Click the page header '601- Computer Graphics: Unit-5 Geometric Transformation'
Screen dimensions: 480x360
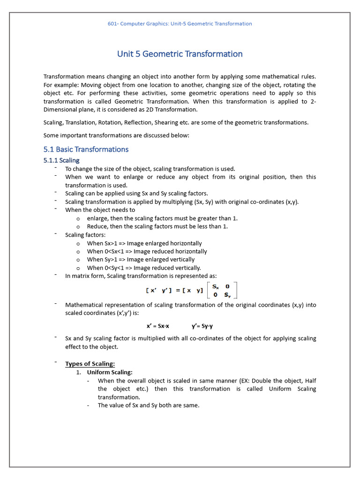[x=180, y=24]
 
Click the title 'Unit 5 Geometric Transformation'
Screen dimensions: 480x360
[x=180, y=54]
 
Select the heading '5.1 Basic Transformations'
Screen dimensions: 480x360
[x=86, y=150]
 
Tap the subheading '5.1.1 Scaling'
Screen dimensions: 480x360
[x=61, y=160]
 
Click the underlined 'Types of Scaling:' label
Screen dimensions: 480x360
[x=90, y=364]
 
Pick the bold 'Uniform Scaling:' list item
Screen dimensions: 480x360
[x=110, y=372]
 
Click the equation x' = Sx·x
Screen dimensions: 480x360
[x=158, y=326]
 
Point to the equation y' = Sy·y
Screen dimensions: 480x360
[x=202, y=326]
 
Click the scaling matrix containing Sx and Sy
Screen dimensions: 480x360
[x=222, y=290]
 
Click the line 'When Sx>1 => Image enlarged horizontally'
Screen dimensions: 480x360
[x=144, y=243]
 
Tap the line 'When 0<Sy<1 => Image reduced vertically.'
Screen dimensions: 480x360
[x=144, y=268]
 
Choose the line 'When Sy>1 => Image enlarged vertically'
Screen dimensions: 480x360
[x=141, y=259]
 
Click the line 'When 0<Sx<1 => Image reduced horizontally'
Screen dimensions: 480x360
[x=147, y=251]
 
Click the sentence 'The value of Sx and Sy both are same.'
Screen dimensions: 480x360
[x=149, y=405]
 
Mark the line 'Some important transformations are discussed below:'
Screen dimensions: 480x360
[x=116, y=135]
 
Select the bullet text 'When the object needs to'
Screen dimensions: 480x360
[x=100, y=210]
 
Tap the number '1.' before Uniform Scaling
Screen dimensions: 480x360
[x=79, y=372]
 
